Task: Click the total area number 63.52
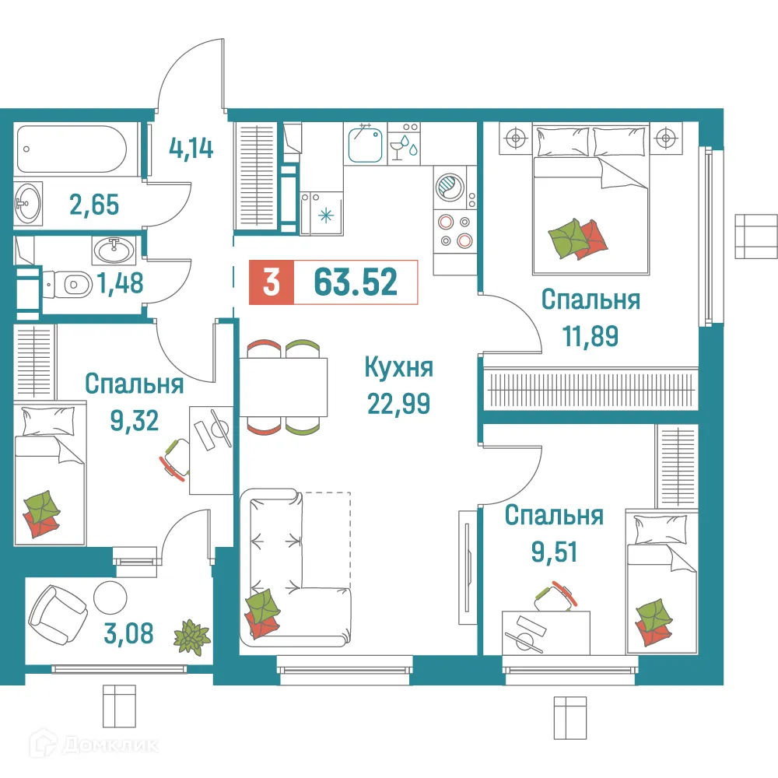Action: click(x=356, y=282)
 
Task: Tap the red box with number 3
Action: click(x=271, y=282)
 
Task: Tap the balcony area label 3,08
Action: click(x=128, y=633)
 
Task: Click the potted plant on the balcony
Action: click(x=191, y=635)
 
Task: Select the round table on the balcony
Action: click(x=109, y=598)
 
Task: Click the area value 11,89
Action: click(x=590, y=336)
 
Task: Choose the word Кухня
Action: click(x=398, y=368)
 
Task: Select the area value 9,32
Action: click(x=134, y=420)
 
